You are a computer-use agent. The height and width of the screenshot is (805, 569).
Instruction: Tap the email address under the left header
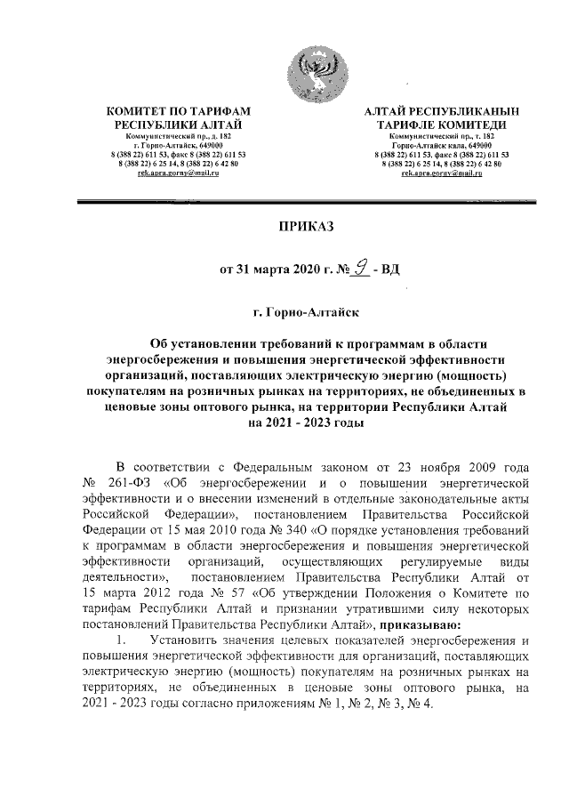click(x=179, y=173)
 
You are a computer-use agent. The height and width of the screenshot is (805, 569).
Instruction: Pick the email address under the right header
click(x=441, y=173)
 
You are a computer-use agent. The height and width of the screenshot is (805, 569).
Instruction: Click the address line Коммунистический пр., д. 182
click(x=179, y=136)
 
